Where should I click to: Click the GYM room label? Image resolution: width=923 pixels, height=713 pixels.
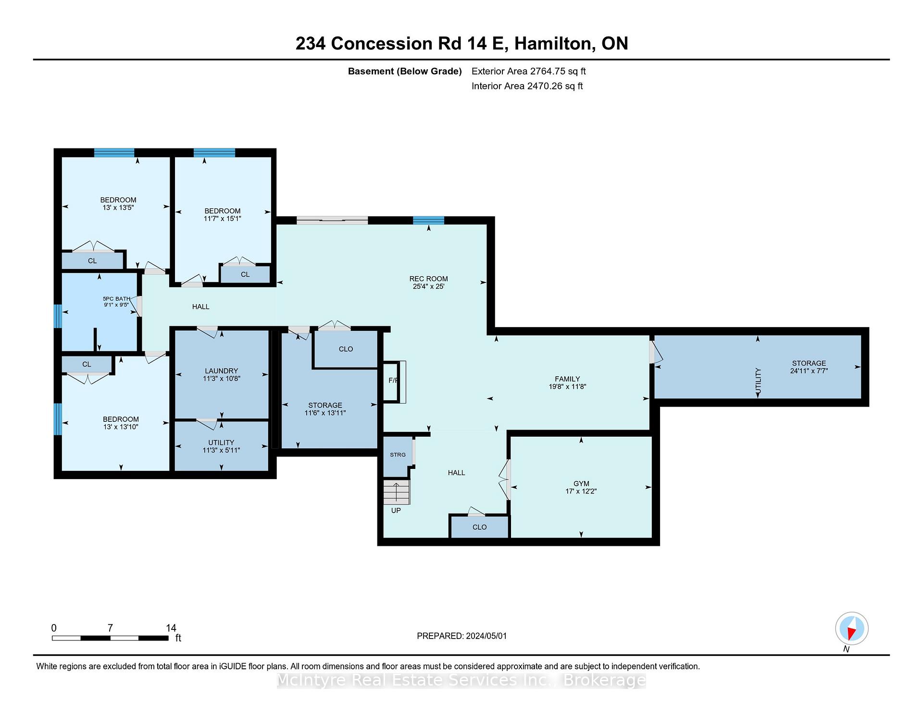(581, 483)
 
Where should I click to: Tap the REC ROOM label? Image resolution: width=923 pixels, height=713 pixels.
(428, 279)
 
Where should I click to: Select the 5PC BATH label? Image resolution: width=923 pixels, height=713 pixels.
(116, 298)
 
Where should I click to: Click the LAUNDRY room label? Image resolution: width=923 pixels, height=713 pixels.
(221, 371)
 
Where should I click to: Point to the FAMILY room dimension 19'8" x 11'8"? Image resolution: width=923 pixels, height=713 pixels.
(567, 386)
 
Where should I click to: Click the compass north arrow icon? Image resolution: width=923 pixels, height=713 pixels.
(852, 628)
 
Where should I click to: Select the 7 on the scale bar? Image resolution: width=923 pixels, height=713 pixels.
(110, 628)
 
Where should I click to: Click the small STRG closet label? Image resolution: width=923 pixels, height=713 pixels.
(398, 455)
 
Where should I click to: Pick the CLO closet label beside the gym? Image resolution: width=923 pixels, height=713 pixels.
(479, 527)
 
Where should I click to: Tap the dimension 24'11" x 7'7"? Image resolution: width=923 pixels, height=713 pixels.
(809, 371)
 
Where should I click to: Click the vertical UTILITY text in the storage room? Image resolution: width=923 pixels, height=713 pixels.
(758, 382)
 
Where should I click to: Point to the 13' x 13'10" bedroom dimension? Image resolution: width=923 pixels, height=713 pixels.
(121, 427)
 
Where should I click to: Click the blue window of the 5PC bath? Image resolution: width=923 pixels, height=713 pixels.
(58, 316)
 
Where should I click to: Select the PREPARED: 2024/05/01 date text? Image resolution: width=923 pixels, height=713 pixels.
(461, 636)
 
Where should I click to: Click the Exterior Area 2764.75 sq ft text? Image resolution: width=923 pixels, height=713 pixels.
(529, 71)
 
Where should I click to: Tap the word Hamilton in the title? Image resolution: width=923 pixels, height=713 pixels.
(552, 44)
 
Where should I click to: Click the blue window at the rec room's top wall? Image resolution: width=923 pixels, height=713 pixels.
(428, 221)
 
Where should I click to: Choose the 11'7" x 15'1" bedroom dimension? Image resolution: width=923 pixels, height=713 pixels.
(222, 219)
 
